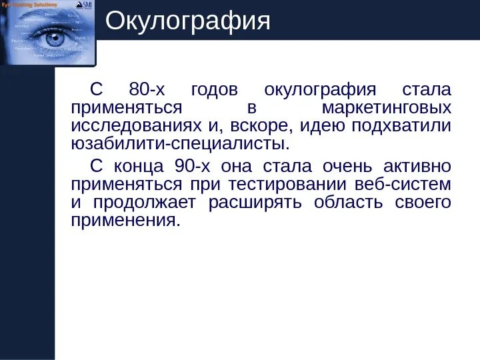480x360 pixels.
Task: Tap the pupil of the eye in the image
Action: coord(53,39)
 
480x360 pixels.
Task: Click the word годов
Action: coord(218,90)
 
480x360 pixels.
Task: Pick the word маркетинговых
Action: coord(385,108)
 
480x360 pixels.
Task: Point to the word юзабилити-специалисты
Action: coord(181,144)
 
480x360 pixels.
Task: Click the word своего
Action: coord(423,202)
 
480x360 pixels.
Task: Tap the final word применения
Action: coord(125,220)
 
